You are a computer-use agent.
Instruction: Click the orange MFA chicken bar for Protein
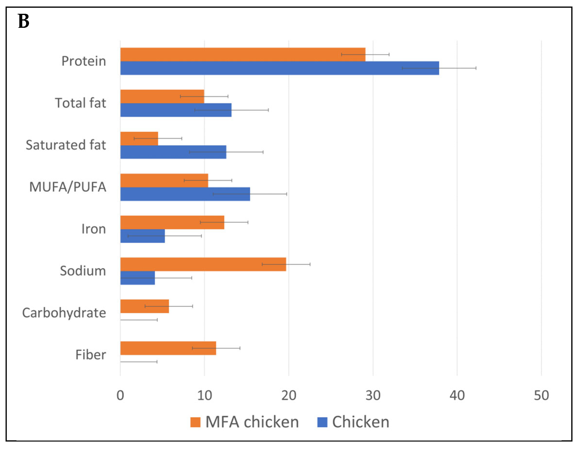pyautogui.click(x=242, y=54)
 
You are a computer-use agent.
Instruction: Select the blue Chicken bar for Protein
pyautogui.click(x=279, y=68)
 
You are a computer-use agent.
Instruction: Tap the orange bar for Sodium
pyautogui.click(x=203, y=264)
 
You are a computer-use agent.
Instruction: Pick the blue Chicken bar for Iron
pyautogui.click(x=142, y=236)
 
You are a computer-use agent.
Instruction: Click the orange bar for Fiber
pyautogui.click(x=168, y=348)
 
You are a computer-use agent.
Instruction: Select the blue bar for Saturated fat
pyautogui.click(x=173, y=152)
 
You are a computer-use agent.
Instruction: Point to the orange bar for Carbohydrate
pyautogui.click(x=145, y=306)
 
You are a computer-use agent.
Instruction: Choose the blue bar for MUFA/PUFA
pyautogui.click(x=185, y=194)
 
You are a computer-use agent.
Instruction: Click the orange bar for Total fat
pyautogui.click(x=162, y=96)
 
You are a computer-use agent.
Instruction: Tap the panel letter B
pyautogui.click(x=24, y=21)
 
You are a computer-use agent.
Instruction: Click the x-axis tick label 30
pyautogui.click(x=373, y=396)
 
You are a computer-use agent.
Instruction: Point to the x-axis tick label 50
pyautogui.click(x=541, y=396)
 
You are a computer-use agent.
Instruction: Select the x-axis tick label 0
pyautogui.click(x=120, y=396)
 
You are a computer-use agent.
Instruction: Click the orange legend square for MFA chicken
pyautogui.click(x=195, y=422)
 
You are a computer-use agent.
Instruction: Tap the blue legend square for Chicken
pyautogui.click(x=322, y=422)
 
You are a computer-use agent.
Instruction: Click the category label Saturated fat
pyautogui.click(x=66, y=145)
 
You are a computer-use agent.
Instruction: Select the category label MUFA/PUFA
pyautogui.click(x=68, y=187)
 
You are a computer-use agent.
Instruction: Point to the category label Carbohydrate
pyautogui.click(x=64, y=313)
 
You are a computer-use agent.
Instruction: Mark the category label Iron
pyautogui.click(x=94, y=229)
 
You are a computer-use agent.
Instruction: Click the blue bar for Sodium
pyautogui.click(x=137, y=278)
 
